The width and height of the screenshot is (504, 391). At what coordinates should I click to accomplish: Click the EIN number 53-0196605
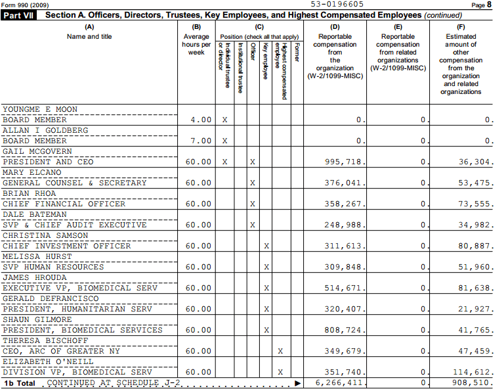coord(337,4)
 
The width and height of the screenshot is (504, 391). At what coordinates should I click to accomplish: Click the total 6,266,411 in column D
coord(339,382)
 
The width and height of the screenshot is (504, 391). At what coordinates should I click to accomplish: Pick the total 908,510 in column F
coord(471,382)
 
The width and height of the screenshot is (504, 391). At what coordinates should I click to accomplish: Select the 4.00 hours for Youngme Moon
coord(201,120)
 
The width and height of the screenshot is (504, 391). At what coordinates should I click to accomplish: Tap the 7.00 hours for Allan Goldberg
coord(201,141)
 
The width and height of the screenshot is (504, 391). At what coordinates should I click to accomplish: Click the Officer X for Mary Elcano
coord(253,183)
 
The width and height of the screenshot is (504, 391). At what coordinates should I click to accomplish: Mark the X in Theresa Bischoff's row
coord(280,351)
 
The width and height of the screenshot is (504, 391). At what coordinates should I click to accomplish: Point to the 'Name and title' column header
coord(89,37)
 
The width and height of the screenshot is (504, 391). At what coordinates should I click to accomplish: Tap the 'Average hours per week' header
coord(196,45)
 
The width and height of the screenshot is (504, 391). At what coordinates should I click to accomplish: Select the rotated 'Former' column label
coord(297,53)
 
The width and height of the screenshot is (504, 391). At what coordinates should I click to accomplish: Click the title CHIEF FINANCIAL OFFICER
coord(64,204)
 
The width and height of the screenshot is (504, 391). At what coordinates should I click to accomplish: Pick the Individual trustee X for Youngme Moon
coord(225,120)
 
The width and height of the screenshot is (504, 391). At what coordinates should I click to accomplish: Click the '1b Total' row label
coord(20,382)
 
